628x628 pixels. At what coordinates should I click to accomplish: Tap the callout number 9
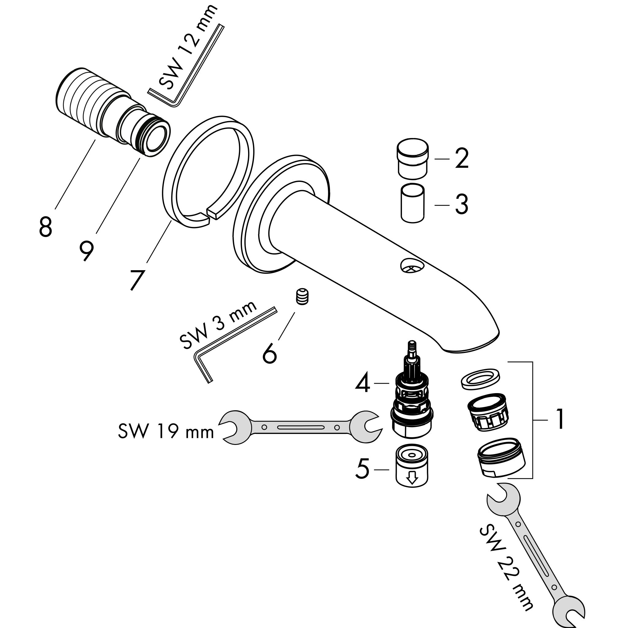click(x=86, y=251)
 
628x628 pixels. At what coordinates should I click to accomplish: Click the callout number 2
click(x=461, y=158)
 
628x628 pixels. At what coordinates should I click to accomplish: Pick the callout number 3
click(x=461, y=205)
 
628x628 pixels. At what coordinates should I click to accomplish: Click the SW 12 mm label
click(x=187, y=49)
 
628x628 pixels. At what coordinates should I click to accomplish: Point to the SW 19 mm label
click(x=166, y=431)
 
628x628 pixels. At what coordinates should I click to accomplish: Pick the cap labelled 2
click(x=412, y=159)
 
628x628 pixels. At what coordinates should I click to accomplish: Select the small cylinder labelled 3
click(x=412, y=204)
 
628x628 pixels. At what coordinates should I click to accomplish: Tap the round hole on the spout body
click(x=412, y=265)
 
